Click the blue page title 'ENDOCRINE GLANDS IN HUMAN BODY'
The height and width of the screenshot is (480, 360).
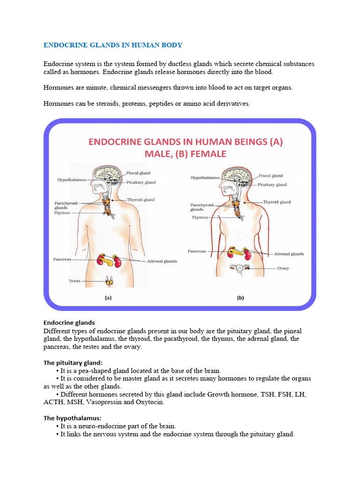[x=112, y=45]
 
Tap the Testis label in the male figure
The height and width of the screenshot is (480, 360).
[x=75, y=281]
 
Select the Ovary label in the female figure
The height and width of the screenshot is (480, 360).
[x=283, y=269]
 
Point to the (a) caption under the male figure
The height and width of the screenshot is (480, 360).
[x=108, y=297]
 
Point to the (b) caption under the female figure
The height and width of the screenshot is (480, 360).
[x=240, y=297]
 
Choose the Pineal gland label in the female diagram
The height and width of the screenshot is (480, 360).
[x=270, y=176]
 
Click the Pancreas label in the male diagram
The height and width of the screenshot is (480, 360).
[x=64, y=258]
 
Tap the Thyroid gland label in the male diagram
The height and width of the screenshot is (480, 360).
[x=141, y=200]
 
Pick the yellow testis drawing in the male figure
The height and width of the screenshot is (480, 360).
[x=111, y=281]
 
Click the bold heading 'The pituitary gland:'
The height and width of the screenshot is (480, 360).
[x=73, y=362]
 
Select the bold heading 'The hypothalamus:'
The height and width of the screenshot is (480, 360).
[x=72, y=418]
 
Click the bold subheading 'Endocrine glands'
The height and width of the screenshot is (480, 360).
[x=69, y=322]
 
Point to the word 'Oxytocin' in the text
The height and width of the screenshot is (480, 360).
[x=150, y=402]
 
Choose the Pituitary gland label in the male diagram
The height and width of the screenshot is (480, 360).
[x=141, y=182]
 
